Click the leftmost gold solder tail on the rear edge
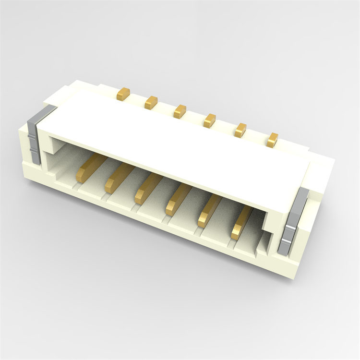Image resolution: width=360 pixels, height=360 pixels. pyautogui.click(x=124, y=93)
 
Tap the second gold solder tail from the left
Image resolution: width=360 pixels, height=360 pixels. pyautogui.click(x=151, y=101)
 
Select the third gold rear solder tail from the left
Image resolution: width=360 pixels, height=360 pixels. pyautogui.click(x=180, y=110)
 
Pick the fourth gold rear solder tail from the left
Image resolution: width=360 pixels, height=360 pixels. pyautogui.click(x=209, y=120)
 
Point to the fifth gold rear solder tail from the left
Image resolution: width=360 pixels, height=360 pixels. pyautogui.click(x=240, y=130)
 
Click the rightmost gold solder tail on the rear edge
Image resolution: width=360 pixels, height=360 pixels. pyautogui.click(x=273, y=139)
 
